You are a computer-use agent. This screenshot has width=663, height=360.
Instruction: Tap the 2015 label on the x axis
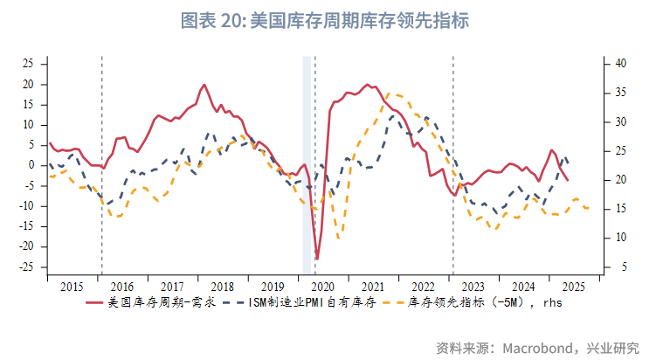click(x=73, y=287)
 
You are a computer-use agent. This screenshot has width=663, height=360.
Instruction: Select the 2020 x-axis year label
click(x=323, y=287)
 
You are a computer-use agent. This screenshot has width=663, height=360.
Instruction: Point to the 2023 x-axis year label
click(x=473, y=287)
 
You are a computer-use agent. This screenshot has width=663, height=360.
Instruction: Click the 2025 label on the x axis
click(x=573, y=287)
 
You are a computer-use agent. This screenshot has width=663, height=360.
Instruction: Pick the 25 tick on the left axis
click(x=29, y=64)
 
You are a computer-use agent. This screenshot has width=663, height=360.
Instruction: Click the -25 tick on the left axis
click(x=27, y=267)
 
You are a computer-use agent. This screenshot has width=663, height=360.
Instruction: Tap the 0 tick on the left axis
click(x=31, y=165)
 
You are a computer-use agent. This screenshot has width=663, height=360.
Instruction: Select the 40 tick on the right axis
click(x=619, y=64)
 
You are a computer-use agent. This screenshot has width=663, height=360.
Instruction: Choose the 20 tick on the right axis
click(x=619, y=180)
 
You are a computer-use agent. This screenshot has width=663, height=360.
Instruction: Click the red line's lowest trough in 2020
click(x=317, y=259)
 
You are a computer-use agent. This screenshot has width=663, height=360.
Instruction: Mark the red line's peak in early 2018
click(x=204, y=85)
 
